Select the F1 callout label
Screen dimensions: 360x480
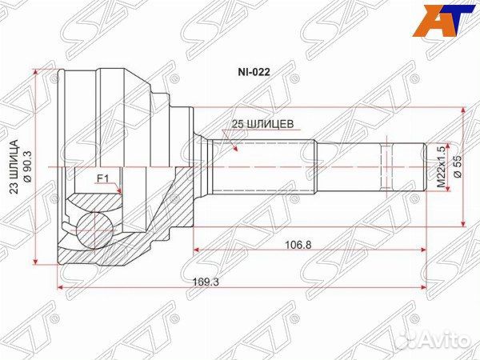[102, 178]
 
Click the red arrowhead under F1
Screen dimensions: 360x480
[118, 190]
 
